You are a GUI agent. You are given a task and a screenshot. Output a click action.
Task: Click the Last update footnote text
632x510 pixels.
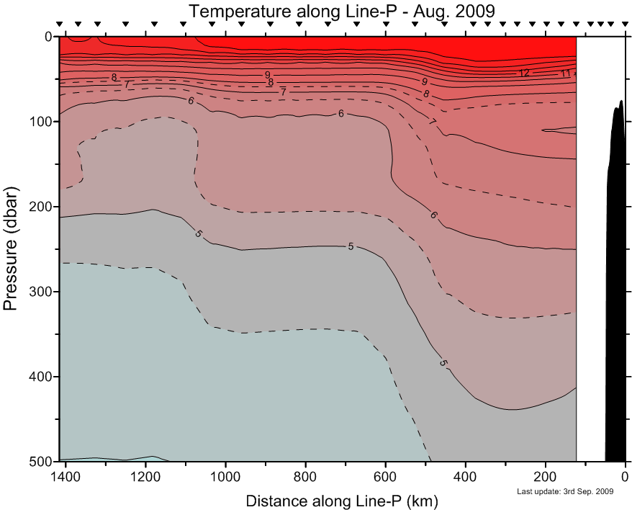[x=565, y=491]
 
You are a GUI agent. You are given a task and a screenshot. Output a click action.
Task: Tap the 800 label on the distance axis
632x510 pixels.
[x=306, y=476]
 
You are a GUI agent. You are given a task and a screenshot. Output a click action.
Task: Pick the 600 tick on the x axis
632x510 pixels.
[x=386, y=476]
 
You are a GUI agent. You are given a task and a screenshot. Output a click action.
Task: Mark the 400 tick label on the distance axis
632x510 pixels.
[x=466, y=476]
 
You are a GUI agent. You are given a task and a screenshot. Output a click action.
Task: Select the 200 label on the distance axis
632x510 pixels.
[x=546, y=476]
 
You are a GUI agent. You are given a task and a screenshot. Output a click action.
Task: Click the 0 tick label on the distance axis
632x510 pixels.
[x=626, y=476]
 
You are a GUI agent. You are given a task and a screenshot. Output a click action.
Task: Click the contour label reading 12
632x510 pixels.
[x=524, y=73]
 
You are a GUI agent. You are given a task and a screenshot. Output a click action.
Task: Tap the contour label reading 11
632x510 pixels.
[x=565, y=73]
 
